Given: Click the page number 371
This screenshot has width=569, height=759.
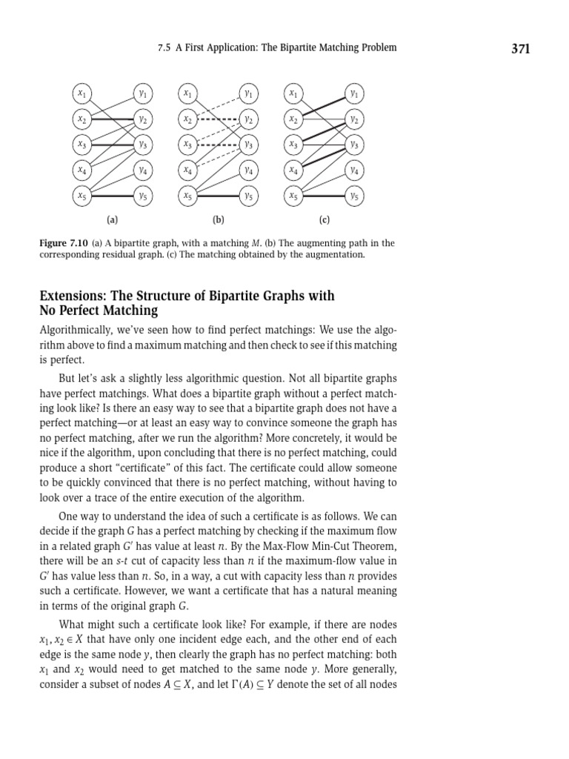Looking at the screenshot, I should (x=521, y=49).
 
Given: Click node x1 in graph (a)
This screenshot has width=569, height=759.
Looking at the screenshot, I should (x=81, y=93).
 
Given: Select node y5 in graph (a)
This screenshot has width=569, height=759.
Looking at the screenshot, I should (x=142, y=196).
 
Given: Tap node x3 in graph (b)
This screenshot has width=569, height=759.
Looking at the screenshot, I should (x=188, y=145).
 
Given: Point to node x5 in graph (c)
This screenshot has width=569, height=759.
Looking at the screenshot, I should (x=294, y=196).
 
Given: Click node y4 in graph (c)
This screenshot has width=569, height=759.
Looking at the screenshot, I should (x=355, y=170).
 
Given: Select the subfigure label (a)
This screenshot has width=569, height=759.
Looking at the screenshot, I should (x=112, y=219).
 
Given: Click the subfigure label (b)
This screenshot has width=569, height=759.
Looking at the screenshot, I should (x=219, y=219).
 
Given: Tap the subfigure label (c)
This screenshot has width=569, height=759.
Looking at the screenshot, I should (x=325, y=219).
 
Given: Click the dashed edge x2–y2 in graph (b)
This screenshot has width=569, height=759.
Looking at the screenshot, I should (x=219, y=119).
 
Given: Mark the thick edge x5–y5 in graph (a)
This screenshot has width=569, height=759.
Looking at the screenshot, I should (x=111, y=196).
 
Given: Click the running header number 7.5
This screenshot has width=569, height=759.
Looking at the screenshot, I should (x=164, y=47).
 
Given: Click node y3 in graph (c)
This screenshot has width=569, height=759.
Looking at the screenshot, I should (x=355, y=145).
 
